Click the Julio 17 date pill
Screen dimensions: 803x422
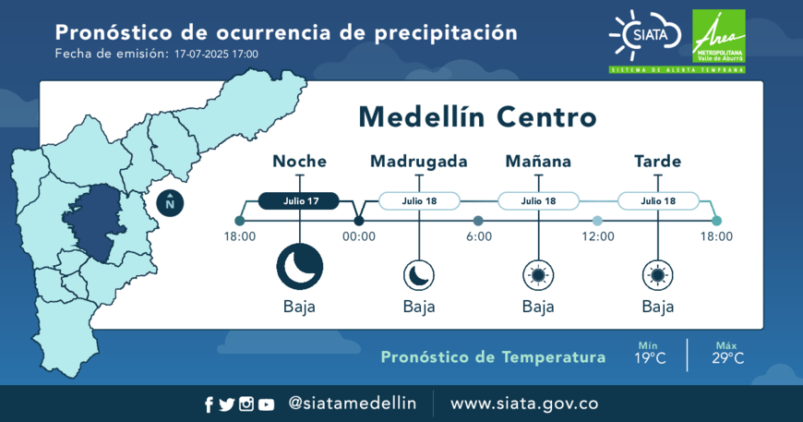(x=298, y=200)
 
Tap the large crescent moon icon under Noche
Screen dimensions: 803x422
(x=300, y=267)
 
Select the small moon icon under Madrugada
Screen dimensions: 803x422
(x=419, y=275)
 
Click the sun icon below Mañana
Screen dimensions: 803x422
(x=538, y=275)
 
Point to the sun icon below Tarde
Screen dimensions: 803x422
(x=658, y=275)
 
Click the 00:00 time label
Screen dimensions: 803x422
(x=359, y=236)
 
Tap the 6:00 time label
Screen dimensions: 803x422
(x=479, y=236)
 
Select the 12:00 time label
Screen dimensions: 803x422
(x=598, y=236)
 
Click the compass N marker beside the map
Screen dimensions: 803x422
(x=170, y=203)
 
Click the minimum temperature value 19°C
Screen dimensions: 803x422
(x=650, y=358)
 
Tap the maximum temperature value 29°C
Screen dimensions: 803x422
(x=727, y=358)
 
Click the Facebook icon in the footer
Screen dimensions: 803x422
(x=209, y=404)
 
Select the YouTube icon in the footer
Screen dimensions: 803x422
(x=267, y=404)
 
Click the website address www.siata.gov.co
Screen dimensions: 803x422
(x=524, y=404)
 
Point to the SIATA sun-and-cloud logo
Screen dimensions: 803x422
(x=645, y=35)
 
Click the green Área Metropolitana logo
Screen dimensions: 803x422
(x=718, y=36)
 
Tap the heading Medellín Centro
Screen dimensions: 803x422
(x=477, y=117)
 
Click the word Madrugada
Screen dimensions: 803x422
(x=419, y=162)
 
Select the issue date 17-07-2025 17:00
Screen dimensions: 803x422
(x=216, y=54)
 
